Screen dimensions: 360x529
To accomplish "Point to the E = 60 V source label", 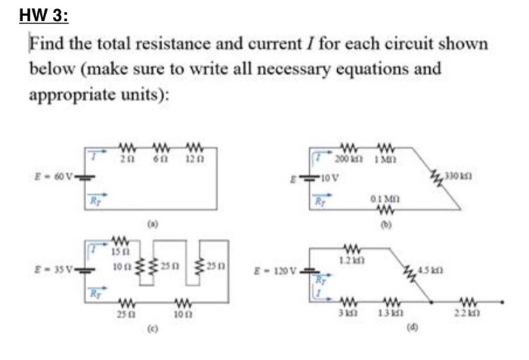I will tap(60, 181).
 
